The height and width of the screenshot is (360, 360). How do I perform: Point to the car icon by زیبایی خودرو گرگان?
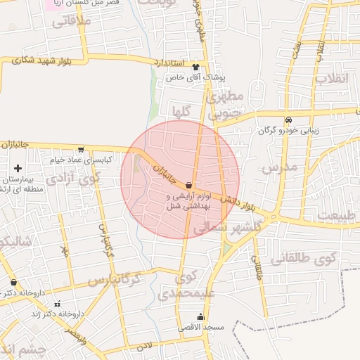tap(288, 119)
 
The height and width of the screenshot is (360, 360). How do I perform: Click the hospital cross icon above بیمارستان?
tap(18, 168)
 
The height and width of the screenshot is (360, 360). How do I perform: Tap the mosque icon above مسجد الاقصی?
tap(202, 316)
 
